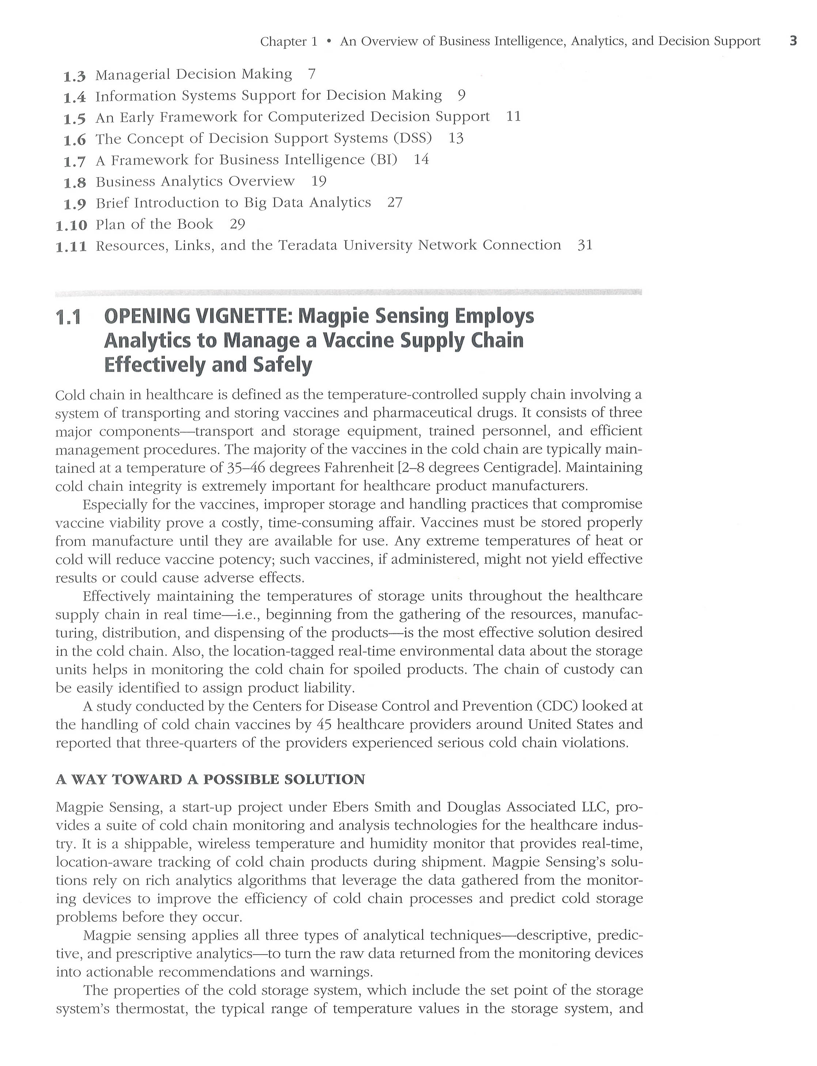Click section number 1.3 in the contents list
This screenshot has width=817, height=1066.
coord(75,76)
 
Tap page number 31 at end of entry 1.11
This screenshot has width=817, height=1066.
coord(585,245)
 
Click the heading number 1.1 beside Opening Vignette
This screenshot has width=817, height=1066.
coord(68,317)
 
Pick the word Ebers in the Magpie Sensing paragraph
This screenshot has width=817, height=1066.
coord(350,807)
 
